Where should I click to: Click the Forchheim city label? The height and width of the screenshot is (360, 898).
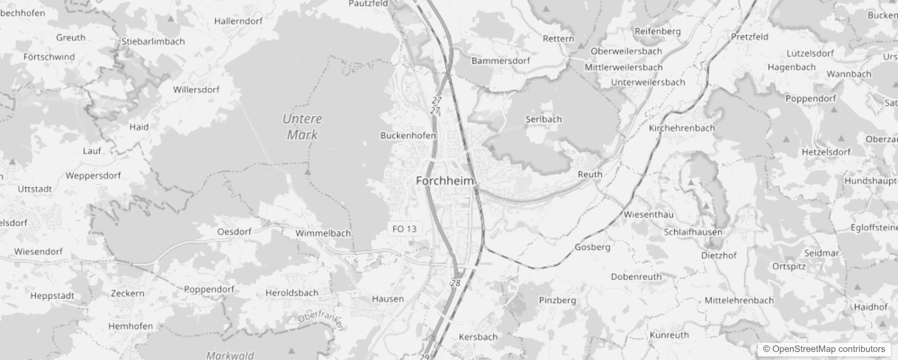click(x=445, y=181)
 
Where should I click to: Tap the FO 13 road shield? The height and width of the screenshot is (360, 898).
click(x=404, y=229)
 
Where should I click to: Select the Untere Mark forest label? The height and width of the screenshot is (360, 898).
click(x=302, y=127)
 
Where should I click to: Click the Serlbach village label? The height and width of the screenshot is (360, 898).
click(x=543, y=119)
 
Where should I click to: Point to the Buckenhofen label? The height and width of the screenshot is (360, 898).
click(x=408, y=135)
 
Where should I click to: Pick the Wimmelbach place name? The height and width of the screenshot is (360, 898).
click(x=323, y=233)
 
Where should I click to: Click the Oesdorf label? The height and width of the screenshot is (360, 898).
click(x=234, y=232)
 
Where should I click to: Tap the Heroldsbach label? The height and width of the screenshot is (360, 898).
click(x=292, y=293)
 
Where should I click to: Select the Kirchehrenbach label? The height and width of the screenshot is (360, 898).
click(x=682, y=128)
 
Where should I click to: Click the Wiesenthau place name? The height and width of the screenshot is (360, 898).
click(x=648, y=215)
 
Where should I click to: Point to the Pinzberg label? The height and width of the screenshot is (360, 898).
click(x=557, y=300)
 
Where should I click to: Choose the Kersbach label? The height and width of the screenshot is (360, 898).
click(x=478, y=337)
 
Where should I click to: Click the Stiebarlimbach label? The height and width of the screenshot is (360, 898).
click(x=153, y=41)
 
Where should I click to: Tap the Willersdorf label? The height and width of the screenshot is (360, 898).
click(x=196, y=90)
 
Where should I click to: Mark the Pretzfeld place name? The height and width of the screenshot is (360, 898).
click(x=750, y=37)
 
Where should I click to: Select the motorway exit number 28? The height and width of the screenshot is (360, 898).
click(x=456, y=283)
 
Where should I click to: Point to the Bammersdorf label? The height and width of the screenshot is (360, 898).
click(x=501, y=61)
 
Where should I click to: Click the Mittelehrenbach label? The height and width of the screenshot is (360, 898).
click(x=739, y=300)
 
